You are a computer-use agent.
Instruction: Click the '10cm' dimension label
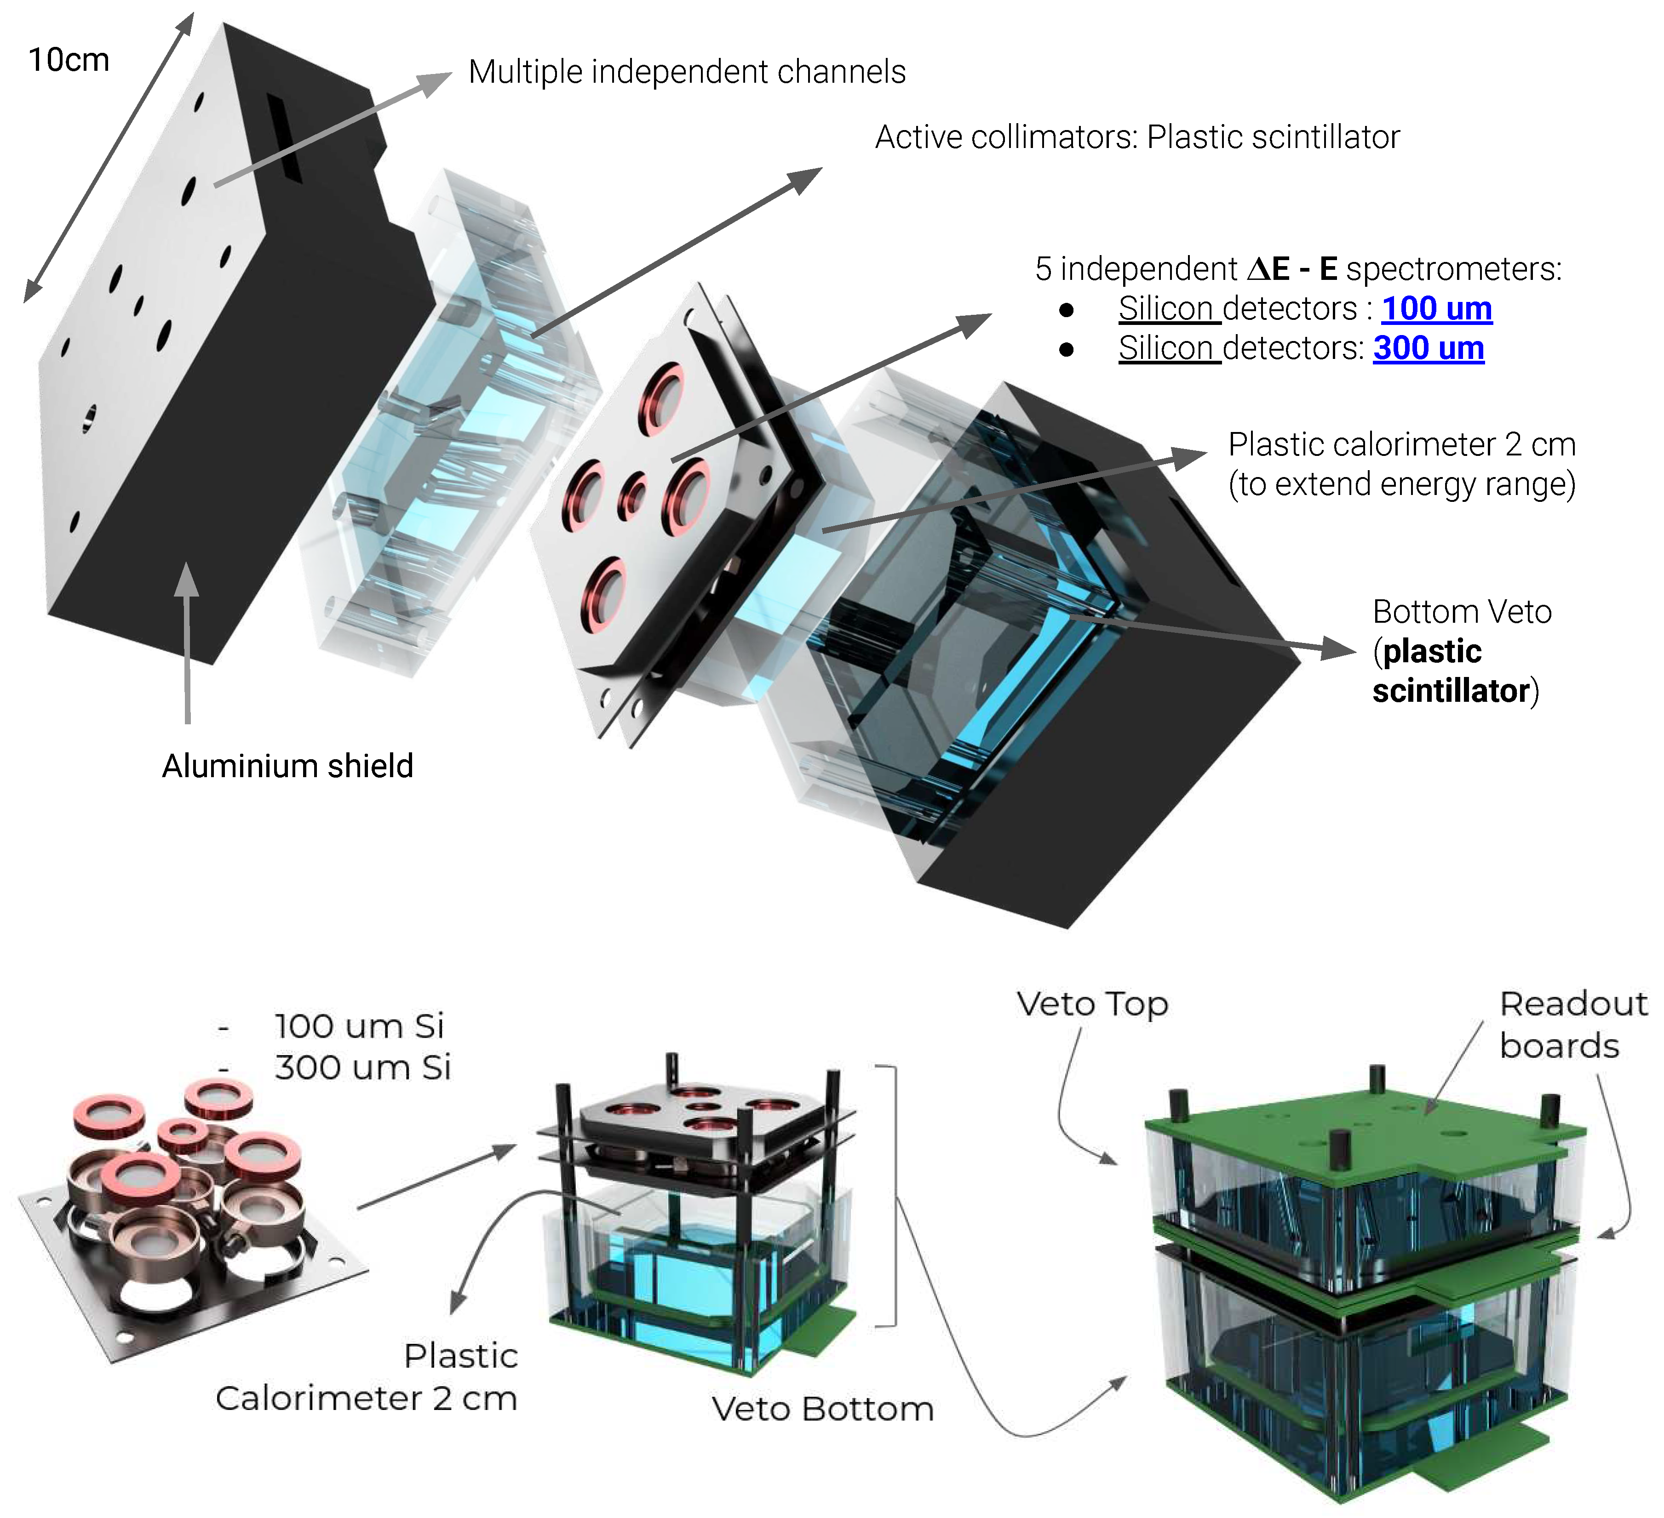[69, 60]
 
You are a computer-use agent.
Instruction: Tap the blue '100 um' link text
[1436, 308]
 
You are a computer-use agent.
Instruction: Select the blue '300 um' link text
[1428, 348]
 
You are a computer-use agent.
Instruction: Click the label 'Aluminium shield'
[287, 767]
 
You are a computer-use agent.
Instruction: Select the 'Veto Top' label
[1092, 1004]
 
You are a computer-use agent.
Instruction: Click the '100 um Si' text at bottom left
[359, 1026]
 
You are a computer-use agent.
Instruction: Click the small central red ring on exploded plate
[632, 497]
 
